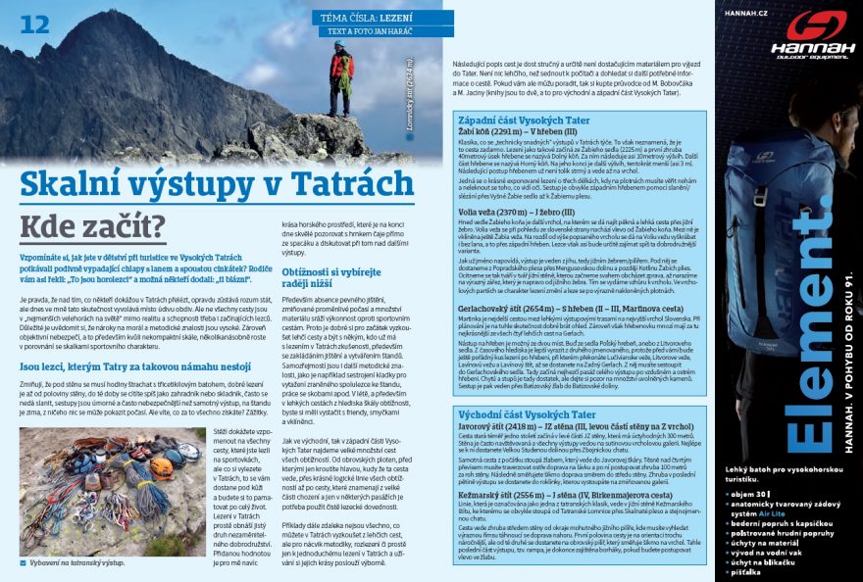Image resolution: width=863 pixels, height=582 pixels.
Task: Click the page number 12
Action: [34, 24]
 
